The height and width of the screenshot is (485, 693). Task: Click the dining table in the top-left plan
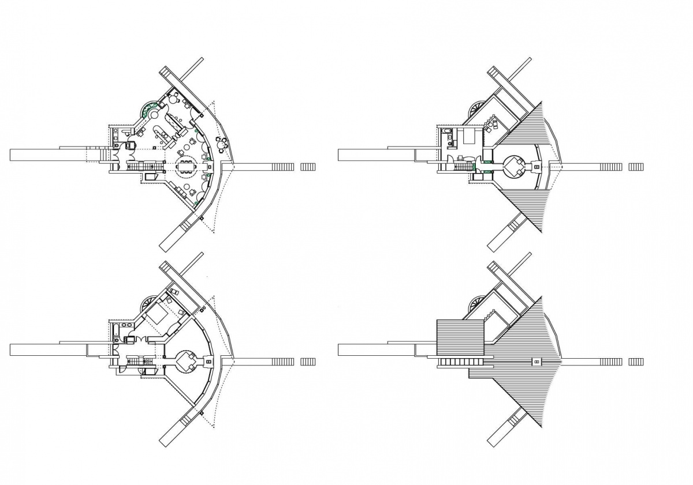[186, 168]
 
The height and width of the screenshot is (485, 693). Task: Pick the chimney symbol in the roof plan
[536, 362]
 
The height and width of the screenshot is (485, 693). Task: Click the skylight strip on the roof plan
[461, 362]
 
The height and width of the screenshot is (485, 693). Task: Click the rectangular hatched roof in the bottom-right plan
[459, 337]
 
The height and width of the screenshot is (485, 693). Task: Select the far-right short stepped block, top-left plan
[308, 167]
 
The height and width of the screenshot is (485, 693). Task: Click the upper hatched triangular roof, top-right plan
[528, 124]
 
